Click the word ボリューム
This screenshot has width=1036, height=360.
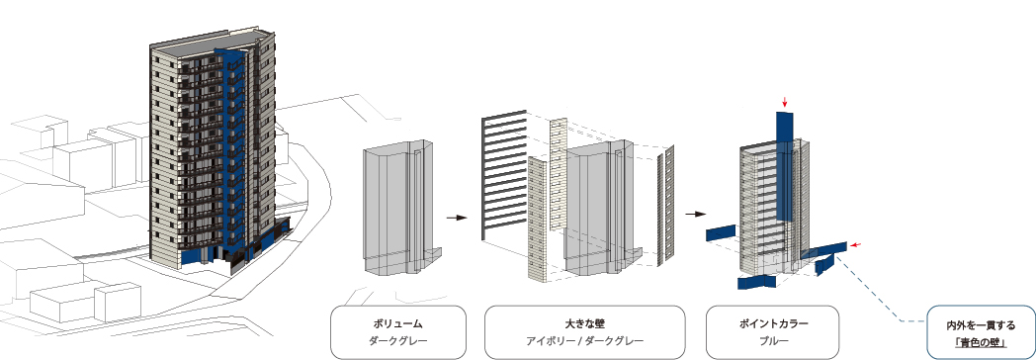coord(397,324)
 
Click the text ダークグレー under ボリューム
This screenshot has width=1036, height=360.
coord(397,341)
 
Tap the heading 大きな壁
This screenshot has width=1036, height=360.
coord(585,324)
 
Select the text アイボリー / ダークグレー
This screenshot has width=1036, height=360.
coord(585,341)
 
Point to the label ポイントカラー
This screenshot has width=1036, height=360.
coord(774,324)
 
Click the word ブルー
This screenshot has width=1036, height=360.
coord(774,341)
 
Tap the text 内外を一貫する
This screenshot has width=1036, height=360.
coord(981,325)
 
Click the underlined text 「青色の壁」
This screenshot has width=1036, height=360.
coord(981,343)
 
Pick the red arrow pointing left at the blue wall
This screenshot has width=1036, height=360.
coord(856,245)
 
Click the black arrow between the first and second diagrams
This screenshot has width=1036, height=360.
coord(458,218)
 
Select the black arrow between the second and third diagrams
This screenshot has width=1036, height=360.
coord(696,214)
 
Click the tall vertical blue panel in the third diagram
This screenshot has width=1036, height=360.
coord(784,166)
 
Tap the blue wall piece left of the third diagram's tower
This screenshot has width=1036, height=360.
coord(721,231)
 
